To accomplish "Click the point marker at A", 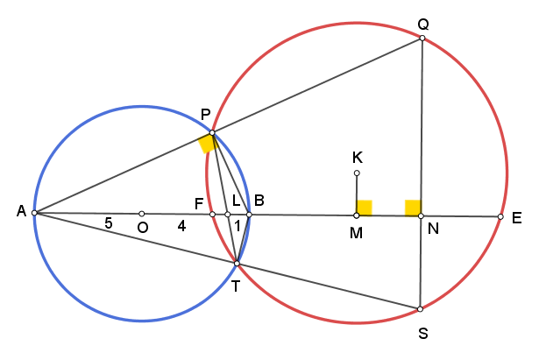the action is pyautogui.click(x=34, y=213).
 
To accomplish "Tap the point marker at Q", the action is pyautogui.click(x=422, y=39).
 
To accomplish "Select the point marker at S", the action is pyautogui.click(x=420, y=309).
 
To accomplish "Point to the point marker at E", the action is pyautogui.click(x=500, y=216).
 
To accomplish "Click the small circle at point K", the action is pyautogui.click(x=357, y=173).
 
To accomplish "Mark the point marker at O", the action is pyautogui.click(x=142, y=214).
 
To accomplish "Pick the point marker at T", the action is pyautogui.click(x=237, y=264).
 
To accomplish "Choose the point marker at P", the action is pyautogui.click(x=212, y=132).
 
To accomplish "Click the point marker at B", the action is pyautogui.click(x=249, y=215).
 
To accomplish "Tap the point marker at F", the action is pyautogui.click(x=212, y=215).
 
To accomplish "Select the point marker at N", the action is pyautogui.click(x=421, y=216).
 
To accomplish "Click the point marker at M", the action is pyautogui.click(x=357, y=215).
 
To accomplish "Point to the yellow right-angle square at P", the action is pyautogui.click(x=208, y=144).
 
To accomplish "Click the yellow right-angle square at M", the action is pyautogui.click(x=365, y=208).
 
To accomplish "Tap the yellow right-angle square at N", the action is pyautogui.click(x=413, y=208).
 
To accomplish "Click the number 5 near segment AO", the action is pyautogui.click(x=109, y=223).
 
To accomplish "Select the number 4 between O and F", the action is pyautogui.click(x=181, y=226).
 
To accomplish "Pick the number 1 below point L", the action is pyautogui.click(x=238, y=226).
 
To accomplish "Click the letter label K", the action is pyautogui.click(x=358, y=158).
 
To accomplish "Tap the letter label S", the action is pyautogui.click(x=423, y=333).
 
